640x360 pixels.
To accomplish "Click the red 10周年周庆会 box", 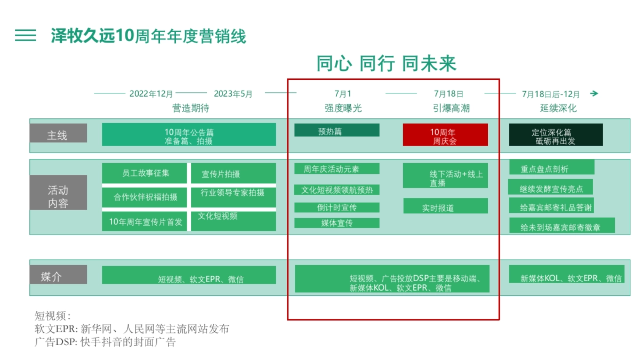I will (445, 135).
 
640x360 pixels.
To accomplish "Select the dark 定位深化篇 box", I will (555, 135).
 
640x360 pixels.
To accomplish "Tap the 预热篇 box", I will (337, 130).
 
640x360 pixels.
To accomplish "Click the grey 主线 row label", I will (58, 133).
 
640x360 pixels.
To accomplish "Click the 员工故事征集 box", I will (145, 173).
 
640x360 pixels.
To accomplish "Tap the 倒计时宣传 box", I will (337, 207).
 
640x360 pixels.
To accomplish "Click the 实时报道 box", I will (445, 206).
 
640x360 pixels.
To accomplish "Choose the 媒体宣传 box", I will (337, 223).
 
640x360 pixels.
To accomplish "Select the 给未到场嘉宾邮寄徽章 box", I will (562, 225).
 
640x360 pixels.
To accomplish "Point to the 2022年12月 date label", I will (151, 94).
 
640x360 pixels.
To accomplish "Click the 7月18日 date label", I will (449, 94).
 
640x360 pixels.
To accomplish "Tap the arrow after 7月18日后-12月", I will (594, 94).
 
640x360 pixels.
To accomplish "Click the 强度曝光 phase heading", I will (343, 108).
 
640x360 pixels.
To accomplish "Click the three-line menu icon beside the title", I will (26, 36).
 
